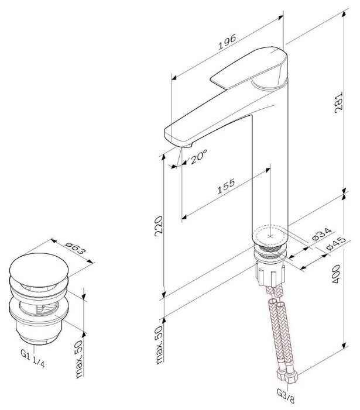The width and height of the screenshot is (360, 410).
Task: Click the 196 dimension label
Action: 227,42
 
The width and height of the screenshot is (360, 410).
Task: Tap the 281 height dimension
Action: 338,102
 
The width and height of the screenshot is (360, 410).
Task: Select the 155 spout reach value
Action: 226,187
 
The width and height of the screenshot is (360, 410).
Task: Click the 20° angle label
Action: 198,157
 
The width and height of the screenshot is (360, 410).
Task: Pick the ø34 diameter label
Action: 322,234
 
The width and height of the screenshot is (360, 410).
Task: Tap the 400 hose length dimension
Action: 335,274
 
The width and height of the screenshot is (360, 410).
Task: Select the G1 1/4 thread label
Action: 33,358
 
